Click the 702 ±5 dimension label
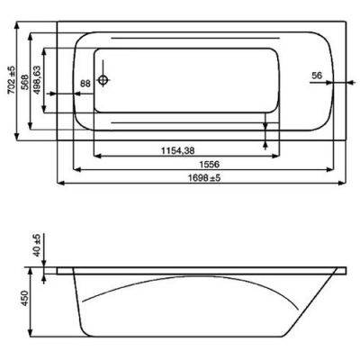(x=12, y=79)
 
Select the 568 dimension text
(x=25, y=82)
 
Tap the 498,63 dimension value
(x=37, y=80)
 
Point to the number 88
(x=85, y=84)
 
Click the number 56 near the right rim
(x=317, y=76)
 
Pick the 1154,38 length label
(x=178, y=150)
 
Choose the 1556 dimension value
(x=210, y=164)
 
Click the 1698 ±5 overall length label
(x=204, y=178)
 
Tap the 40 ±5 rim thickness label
(x=37, y=246)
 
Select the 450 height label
(x=25, y=298)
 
